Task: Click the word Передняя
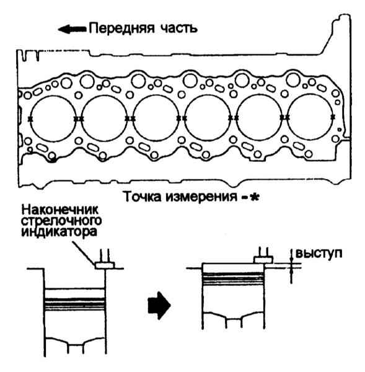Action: (121, 29)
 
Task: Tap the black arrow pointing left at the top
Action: (73, 29)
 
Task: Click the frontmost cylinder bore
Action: (53, 119)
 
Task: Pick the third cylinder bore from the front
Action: (156, 118)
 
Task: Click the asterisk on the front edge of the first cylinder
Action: (30, 119)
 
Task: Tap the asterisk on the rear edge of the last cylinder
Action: (333, 117)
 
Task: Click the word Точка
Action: (143, 197)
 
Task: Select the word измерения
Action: (201, 197)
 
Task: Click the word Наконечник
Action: (59, 210)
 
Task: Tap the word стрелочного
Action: (62, 221)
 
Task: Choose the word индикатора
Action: (59, 232)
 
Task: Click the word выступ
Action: (319, 254)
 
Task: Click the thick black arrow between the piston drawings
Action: (159, 305)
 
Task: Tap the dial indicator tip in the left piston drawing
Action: (105, 265)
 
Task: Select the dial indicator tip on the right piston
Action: (263, 260)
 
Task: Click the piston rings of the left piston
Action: (75, 304)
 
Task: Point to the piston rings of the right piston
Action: (234, 278)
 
